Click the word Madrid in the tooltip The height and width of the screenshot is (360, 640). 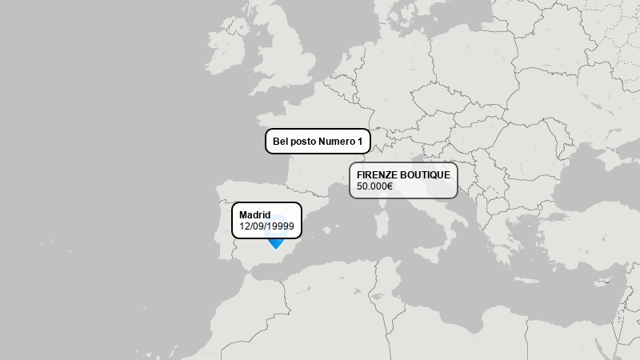(254, 214)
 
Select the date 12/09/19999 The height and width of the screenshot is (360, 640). (266, 226)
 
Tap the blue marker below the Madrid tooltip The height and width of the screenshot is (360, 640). (276, 242)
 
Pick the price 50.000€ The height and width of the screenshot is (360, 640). (374, 186)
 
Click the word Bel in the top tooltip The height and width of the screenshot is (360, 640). (281, 142)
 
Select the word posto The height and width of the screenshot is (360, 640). (303, 142)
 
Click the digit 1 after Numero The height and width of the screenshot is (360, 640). (360, 142)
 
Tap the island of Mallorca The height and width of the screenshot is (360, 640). (328, 228)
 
